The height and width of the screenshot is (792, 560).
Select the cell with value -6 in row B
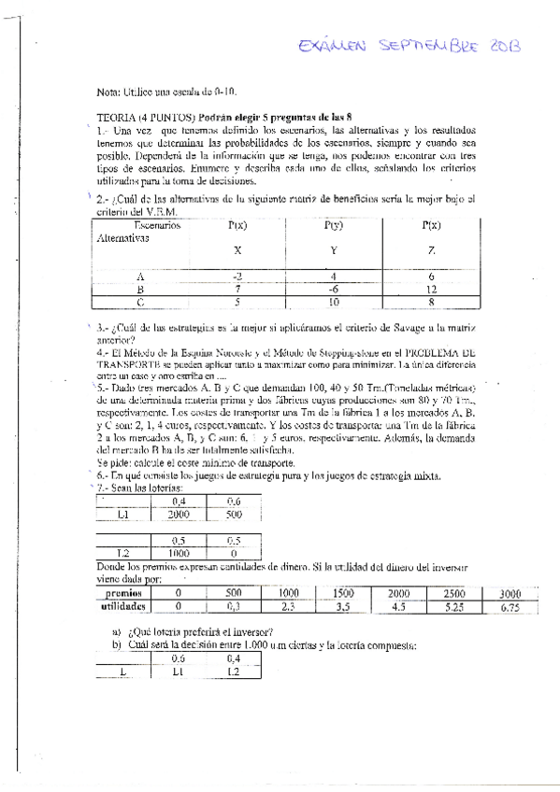point(332,290)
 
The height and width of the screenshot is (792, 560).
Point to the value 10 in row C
point(332,303)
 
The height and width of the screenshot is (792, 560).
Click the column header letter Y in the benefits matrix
point(332,250)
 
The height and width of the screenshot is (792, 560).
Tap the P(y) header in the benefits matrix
point(332,226)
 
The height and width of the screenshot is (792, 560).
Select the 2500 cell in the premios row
point(454,594)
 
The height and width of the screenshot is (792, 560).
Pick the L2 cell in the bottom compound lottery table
point(234,672)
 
